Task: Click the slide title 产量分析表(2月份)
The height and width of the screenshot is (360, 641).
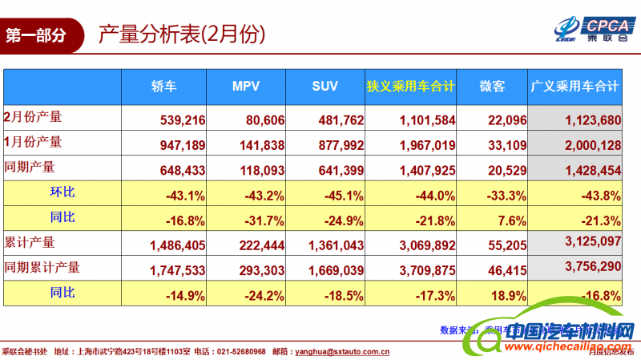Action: coord(181,34)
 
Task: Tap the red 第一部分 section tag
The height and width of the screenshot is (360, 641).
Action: coord(36,35)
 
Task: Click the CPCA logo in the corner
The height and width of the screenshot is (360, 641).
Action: coord(593,27)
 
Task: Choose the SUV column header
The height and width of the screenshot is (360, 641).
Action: coord(325,87)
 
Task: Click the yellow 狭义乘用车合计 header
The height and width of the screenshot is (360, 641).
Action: coord(411,87)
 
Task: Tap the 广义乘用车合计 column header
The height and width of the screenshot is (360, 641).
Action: coord(575,87)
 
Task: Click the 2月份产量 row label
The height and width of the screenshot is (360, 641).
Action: coord(33,117)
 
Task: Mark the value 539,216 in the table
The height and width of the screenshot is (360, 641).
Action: coord(183,120)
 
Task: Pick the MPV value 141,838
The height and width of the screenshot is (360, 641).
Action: coord(261,145)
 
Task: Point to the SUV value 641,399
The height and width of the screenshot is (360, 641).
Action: coord(341,170)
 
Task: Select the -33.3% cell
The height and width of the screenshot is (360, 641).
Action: coord(506,196)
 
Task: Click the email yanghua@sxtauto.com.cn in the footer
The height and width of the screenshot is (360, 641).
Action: coord(342,351)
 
